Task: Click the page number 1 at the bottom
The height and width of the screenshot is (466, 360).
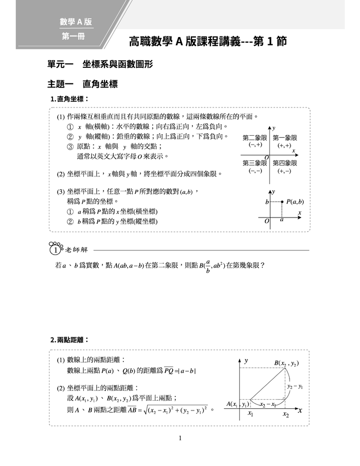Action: [180, 438]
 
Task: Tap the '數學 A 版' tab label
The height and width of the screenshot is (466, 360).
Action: [76, 22]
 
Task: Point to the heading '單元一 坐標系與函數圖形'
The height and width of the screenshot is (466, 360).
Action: [99, 65]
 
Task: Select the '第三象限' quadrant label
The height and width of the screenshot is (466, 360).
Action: [255, 163]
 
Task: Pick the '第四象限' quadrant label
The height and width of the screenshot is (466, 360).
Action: [284, 163]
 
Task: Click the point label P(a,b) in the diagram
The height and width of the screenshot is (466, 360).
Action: [295, 202]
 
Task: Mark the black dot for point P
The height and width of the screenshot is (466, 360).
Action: [282, 202]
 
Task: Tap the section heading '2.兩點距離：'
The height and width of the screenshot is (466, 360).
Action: [69, 340]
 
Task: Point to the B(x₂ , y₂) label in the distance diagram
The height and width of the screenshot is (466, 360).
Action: [286, 363]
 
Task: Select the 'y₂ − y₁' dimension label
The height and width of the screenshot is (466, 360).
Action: [296, 386]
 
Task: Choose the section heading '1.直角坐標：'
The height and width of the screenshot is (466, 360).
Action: [69, 99]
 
